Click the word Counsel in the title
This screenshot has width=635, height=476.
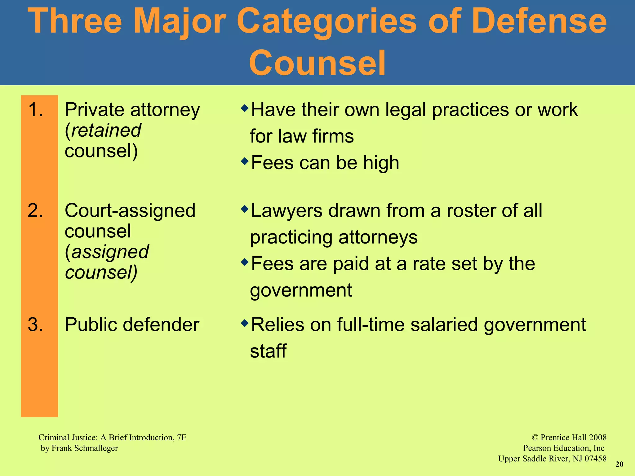[x=317, y=63]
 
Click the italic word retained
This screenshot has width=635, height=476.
[x=106, y=130]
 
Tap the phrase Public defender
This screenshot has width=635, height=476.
[x=132, y=325]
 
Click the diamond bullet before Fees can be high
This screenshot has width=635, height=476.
[x=245, y=161]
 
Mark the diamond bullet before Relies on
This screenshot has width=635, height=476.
[x=245, y=323]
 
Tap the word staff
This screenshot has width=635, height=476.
[x=268, y=351]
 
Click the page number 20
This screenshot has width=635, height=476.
[x=619, y=464]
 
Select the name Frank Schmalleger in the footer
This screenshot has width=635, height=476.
[x=85, y=448]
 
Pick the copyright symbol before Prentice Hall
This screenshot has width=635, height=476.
[x=535, y=438]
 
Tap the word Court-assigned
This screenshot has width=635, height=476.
[x=130, y=211]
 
